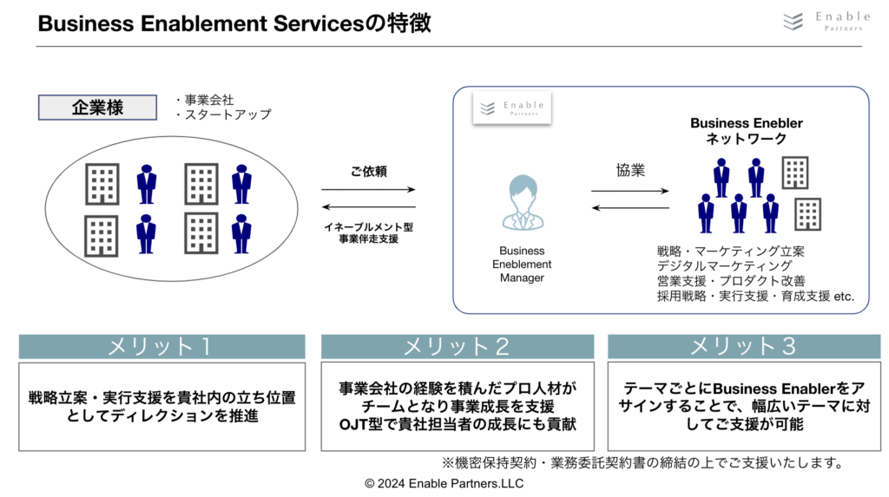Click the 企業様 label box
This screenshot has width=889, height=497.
tap(97, 107)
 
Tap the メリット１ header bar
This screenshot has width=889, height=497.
tap(161, 346)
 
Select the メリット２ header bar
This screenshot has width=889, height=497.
tap(457, 346)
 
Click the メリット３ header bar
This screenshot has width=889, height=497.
tap(744, 346)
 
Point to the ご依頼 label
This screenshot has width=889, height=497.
tap(368, 171)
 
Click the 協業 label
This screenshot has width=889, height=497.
tap(630, 170)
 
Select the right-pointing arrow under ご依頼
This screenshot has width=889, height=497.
tap(368, 189)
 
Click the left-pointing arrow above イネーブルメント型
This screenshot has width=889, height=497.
tap(368, 206)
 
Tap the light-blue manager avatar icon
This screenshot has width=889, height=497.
tap(523, 202)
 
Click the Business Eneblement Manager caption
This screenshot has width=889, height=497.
tap(522, 264)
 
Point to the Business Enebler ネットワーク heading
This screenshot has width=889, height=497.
tap(746, 131)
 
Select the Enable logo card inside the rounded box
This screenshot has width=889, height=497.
tap(512, 108)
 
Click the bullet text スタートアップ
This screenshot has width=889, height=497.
tap(223, 114)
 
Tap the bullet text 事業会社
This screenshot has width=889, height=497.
tap(205, 100)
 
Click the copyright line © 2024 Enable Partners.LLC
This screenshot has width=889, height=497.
tap(444, 483)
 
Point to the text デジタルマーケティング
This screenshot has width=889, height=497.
tap(725, 265)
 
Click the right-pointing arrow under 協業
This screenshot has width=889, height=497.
tap(630, 191)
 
